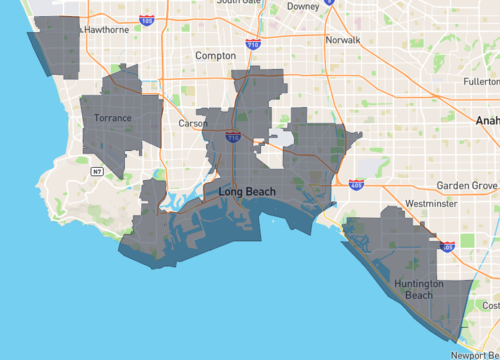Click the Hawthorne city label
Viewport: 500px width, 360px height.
107,29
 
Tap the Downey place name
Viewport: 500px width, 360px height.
302,6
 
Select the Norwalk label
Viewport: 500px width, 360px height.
342,41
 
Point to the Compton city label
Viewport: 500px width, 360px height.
215,56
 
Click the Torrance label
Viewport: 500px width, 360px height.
111,118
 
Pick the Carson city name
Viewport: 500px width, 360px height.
193,123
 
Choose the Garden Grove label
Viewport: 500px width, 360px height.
467,186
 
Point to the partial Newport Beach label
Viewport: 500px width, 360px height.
475,354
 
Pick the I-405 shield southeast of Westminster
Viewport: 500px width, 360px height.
447,246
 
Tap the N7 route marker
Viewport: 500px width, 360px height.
97,172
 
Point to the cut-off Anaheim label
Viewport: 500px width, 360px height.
489,118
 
